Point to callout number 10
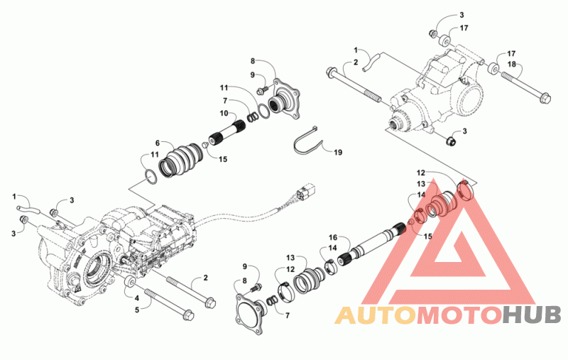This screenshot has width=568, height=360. pos(223,114)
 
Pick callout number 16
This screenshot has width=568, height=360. pos(332,237)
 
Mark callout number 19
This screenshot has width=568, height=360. pos(338,153)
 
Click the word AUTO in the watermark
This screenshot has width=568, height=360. pos(374,315)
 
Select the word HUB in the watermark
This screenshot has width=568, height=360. pos(531,315)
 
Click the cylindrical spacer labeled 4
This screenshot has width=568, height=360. pos(131,285)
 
